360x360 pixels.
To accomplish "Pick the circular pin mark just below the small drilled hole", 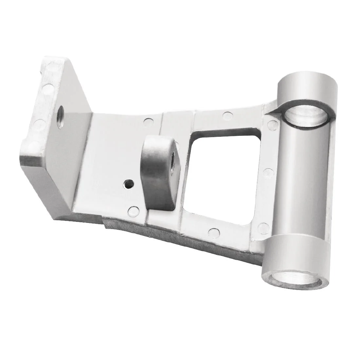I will point(133,210).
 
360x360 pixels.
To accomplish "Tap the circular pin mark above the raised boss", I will point(149,121).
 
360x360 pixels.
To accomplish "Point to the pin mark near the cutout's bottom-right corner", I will point(262,227).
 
